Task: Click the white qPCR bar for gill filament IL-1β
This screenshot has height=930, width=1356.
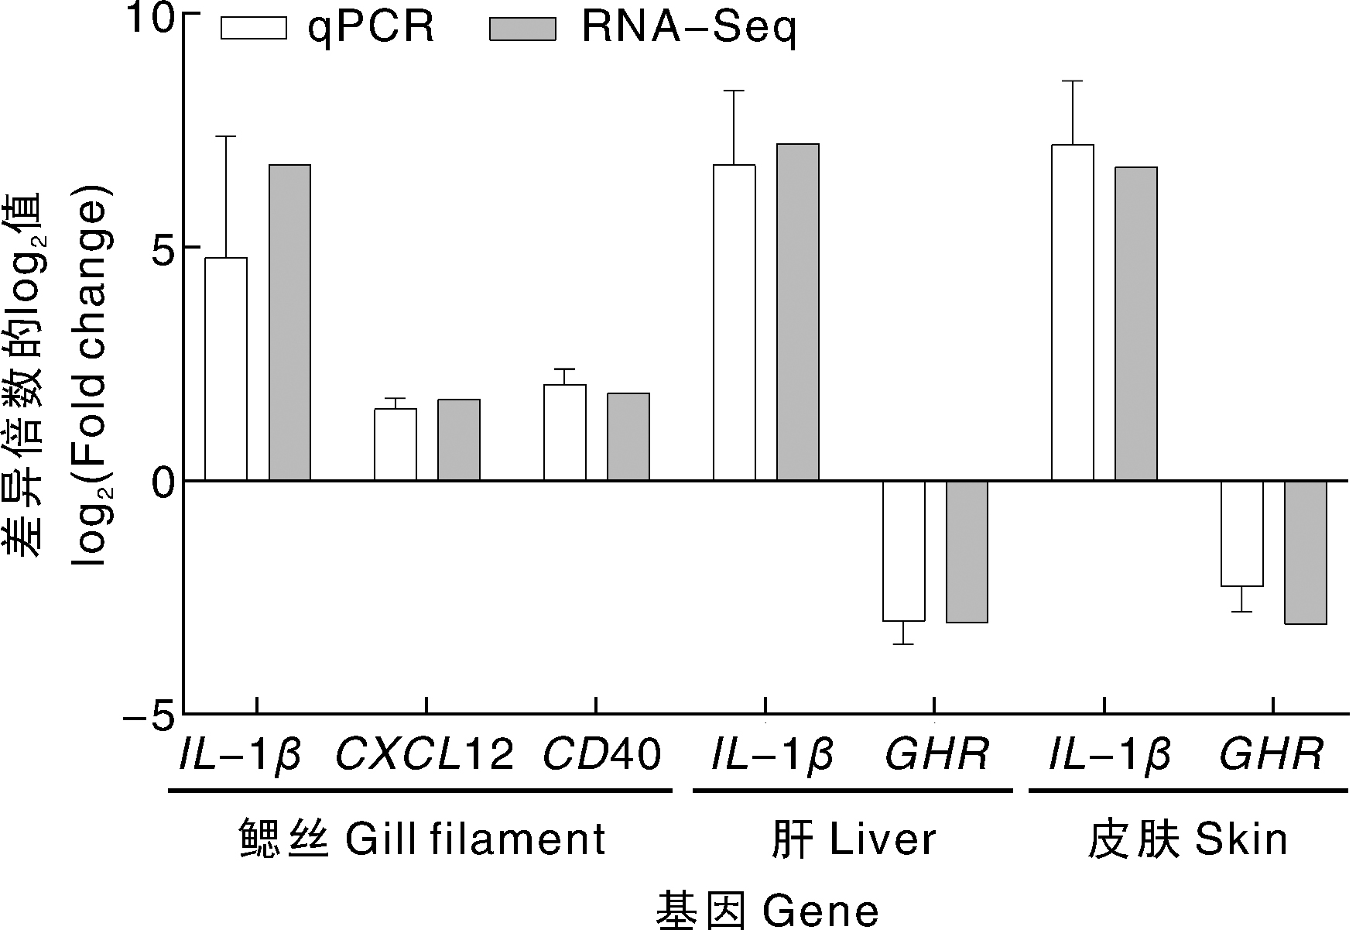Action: (x=226, y=369)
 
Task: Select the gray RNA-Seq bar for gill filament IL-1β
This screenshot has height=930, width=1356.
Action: (x=289, y=323)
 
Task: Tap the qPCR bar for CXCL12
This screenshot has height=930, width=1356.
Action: (x=395, y=444)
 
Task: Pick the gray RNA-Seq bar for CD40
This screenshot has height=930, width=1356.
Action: (x=628, y=438)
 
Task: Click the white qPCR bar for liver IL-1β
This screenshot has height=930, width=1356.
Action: (x=734, y=323)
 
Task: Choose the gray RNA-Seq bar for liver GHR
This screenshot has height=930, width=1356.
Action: (x=967, y=551)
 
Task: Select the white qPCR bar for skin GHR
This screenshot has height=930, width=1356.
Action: (x=1242, y=534)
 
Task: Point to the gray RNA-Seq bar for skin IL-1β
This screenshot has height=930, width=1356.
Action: (x=1136, y=324)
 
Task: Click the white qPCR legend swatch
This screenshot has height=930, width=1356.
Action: (x=254, y=29)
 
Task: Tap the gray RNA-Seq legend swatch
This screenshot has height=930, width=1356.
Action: (x=522, y=29)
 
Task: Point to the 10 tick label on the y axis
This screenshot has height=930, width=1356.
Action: (x=150, y=17)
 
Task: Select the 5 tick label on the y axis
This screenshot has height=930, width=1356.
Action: (x=161, y=247)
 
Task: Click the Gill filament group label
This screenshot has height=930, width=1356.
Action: (x=423, y=839)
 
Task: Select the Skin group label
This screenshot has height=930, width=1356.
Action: (x=1188, y=839)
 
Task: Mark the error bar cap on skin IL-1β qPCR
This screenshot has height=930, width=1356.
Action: (x=1073, y=81)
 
